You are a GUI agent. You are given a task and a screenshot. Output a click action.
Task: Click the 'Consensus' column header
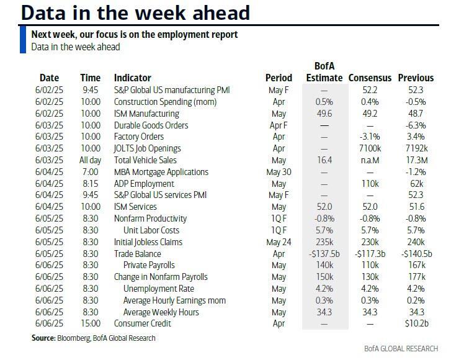pyautogui.click(x=370, y=78)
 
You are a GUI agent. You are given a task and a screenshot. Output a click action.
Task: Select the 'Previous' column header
pyautogui.click(x=416, y=78)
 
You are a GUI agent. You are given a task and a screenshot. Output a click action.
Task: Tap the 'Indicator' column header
pyautogui.click(x=132, y=78)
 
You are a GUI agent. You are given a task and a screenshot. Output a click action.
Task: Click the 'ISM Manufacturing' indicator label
pyautogui.click(x=146, y=114)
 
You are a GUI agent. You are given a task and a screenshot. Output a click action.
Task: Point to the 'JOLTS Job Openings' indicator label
pyautogui.click(x=148, y=148)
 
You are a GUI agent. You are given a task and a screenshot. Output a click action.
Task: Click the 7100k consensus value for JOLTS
pyautogui.click(x=370, y=148)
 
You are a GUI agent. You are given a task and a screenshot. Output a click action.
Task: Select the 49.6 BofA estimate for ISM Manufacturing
pyautogui.click(x=324, y=114)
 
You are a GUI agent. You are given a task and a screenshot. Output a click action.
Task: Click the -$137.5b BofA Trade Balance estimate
pyautogui.click(x=324, y=254)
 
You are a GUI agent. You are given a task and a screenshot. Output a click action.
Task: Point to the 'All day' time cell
pyautogui.click(x=90, y=160)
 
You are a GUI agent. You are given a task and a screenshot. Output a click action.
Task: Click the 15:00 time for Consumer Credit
pyautogui.click(x=90, y=323)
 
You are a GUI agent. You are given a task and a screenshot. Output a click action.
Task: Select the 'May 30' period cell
pyautogui.click(x=279, y=172)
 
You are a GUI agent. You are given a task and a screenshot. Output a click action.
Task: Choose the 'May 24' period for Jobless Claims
pyautogui.click(x=279, y=242)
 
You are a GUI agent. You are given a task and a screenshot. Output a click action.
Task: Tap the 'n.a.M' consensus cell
pyautogui.click(x=370, y=160)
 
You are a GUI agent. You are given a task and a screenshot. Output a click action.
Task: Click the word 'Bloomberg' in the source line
pyautogui.click(x=73, y=338)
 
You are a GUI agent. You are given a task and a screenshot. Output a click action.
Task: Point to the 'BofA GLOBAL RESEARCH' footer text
pyautogui.click(x=401, y=348)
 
